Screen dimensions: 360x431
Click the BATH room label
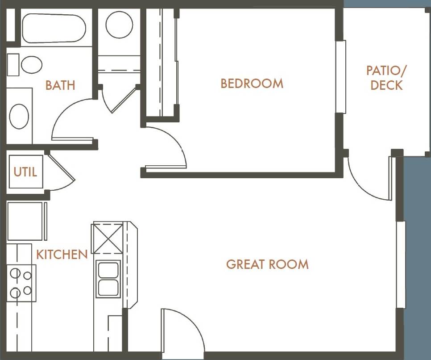60,85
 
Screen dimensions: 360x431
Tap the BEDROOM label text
252,84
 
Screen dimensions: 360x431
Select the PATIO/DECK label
386,78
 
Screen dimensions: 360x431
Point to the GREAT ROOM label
267,264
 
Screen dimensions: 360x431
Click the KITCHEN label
62,255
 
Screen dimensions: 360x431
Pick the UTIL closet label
25,172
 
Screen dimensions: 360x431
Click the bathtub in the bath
54,28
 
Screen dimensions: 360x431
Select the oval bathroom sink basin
19,116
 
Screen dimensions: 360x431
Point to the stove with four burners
21,282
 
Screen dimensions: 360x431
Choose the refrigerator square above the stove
25,222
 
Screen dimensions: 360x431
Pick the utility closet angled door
62,172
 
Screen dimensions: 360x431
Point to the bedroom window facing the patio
341,77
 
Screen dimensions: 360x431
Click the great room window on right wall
401,264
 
